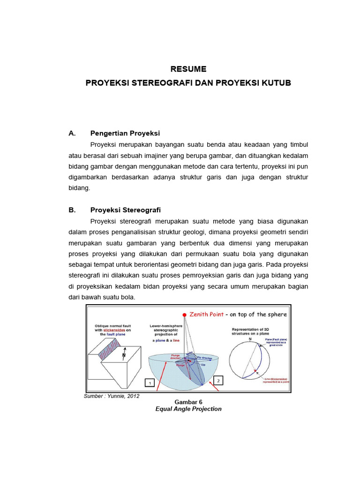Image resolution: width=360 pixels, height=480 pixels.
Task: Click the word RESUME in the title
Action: (x=188, y=69)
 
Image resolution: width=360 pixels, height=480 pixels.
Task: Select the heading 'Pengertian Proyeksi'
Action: (x=125, y=133)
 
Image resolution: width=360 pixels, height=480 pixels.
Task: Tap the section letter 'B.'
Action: (x=72, y=210)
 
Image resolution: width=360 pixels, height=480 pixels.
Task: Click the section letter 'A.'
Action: (x=72, y=133)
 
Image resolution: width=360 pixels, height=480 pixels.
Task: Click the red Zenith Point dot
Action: (x=185, y=315)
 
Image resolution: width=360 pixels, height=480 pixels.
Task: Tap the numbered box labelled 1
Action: (x=150, y=383)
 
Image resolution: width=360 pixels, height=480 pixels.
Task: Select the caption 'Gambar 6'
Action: (x=188, y=402)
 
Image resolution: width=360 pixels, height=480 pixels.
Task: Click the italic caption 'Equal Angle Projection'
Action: (x=188, y=409)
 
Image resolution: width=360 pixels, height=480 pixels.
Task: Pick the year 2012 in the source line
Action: (x=132, y=396)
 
